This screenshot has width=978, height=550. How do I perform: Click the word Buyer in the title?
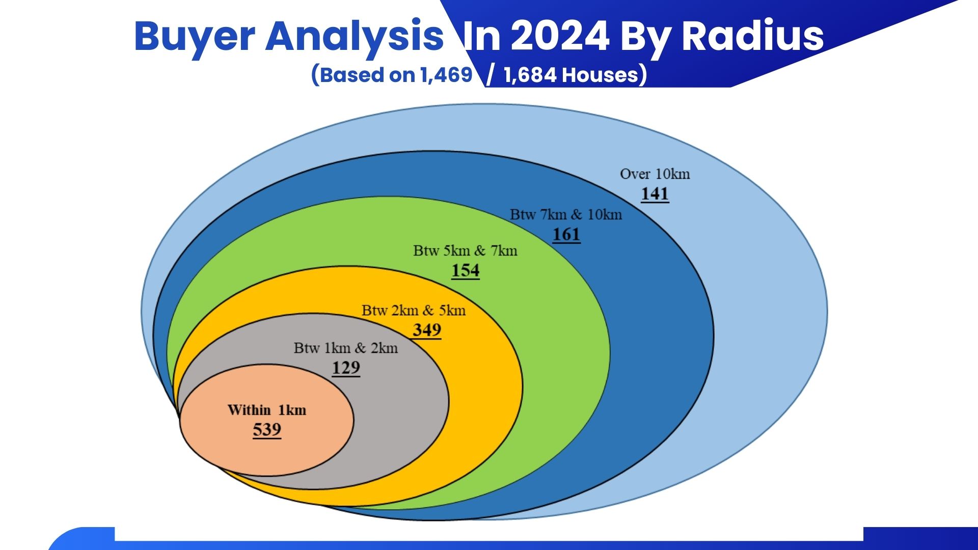coord(195,37)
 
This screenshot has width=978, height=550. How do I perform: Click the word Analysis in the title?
coord(355,36)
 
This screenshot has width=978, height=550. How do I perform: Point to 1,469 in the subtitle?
coord(447,75)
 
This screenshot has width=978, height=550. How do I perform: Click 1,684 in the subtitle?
coord(530,75)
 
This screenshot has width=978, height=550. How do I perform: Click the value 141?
coord(655,194)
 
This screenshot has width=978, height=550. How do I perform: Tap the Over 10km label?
coord(655,174)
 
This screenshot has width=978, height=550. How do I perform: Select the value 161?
coord(566,235)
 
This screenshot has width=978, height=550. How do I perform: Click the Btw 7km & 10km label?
coord(566,214)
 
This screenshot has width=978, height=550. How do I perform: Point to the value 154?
coord(466,271)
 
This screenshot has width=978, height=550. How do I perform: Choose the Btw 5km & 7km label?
coord(465,251)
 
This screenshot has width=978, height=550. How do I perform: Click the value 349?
coord(427,331)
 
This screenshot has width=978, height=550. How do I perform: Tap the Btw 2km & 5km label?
coord(414,310)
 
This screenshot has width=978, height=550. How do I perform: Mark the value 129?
coord(346,368)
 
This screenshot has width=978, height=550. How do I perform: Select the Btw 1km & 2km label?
coord(346,348)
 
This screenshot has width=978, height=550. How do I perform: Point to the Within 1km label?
coord(267,410)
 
